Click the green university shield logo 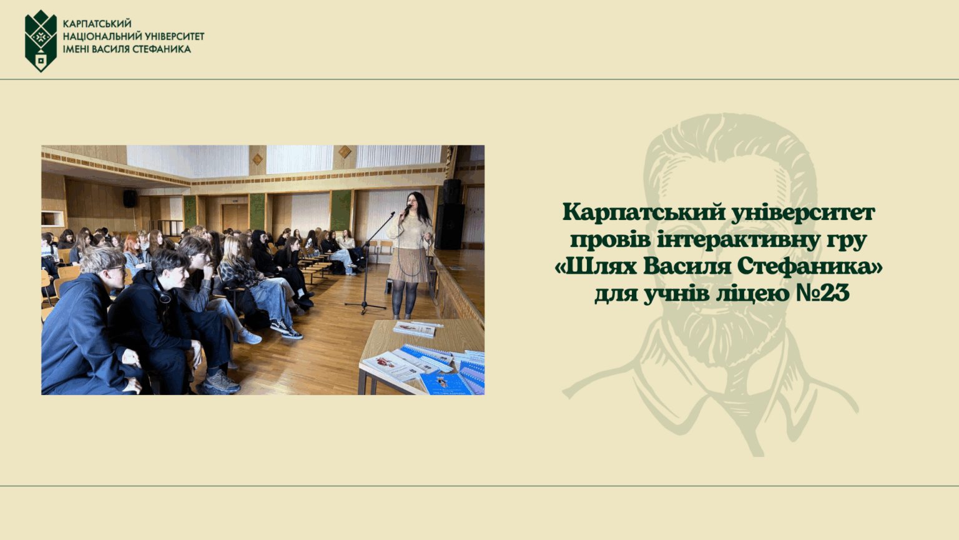(x=41, y=41)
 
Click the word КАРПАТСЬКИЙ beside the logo (x=97, y=24)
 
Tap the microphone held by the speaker (x=406, y=209)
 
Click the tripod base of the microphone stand (x=365, y=306)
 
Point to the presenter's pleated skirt (x=409, y=265)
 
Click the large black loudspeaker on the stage (x=450, y=226)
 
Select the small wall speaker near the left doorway (x=129, y=198)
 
